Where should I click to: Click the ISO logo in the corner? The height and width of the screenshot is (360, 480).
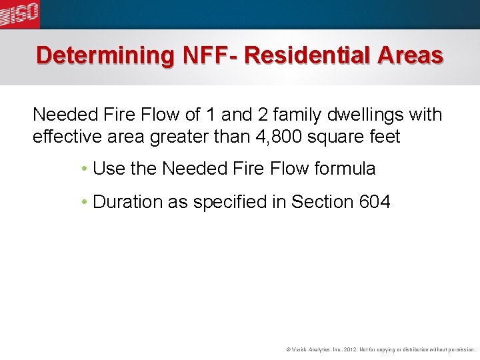20,14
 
